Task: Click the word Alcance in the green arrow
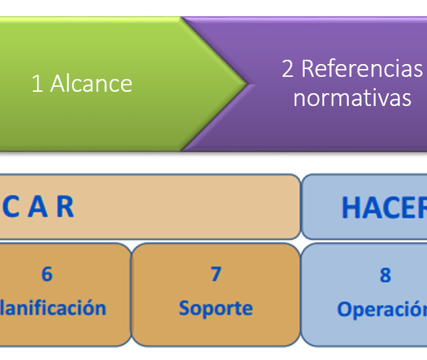[x=91, y=83]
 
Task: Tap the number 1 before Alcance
[x=37, y=83]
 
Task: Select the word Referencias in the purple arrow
[x=362, y=69]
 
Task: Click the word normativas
[x=352, y=97]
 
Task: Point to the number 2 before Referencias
[x=288, y=69]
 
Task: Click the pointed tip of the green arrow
[x=246, y=84]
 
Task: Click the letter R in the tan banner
[x=64, y=207]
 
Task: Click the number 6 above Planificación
[x=47, y=274]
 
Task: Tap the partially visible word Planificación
[x=53, y=308]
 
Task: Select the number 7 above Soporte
[x=216, y=274]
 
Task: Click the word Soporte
[x=216, y=308]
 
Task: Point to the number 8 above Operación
[x=385, y=275]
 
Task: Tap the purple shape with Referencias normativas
[x=334, y=121]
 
